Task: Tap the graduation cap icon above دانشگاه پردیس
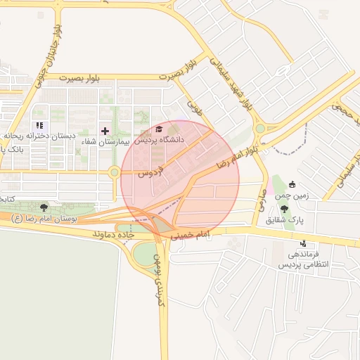[159, 129]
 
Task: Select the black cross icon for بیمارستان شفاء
[105, 131]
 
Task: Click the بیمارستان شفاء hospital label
[106, 141]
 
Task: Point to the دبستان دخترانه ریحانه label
[38, 136]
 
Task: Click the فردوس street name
[150, 171]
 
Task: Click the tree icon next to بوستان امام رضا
[44, 207]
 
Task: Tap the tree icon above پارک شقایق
[284, 209]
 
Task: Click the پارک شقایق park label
[285, 219]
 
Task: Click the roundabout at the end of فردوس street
[114, 172]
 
